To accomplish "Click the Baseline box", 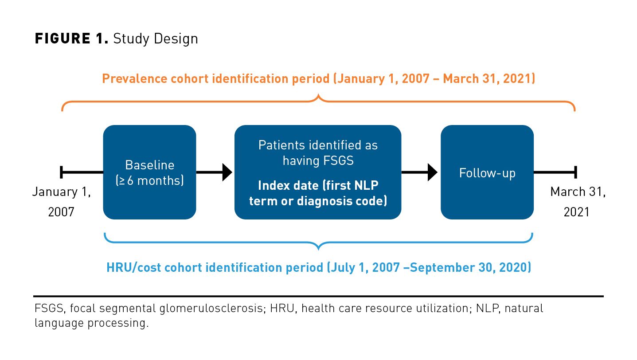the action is point(149,172).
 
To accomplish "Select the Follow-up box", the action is point(487,172).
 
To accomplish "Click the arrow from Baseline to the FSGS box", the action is point(215,172).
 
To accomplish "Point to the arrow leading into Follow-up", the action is point(420,172).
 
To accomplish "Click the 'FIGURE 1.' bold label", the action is point(71,39).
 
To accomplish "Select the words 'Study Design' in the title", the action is point(155,39).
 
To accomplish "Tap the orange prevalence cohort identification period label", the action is point(318,79).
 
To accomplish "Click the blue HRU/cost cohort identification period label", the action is point(318,268).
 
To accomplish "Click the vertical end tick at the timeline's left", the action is point(62,172).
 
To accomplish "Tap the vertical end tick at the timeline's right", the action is point(575,172).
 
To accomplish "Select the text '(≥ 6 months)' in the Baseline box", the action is point(149,181).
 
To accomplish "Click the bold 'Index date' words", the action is point(288,185).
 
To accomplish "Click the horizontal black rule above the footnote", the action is point(318,296).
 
